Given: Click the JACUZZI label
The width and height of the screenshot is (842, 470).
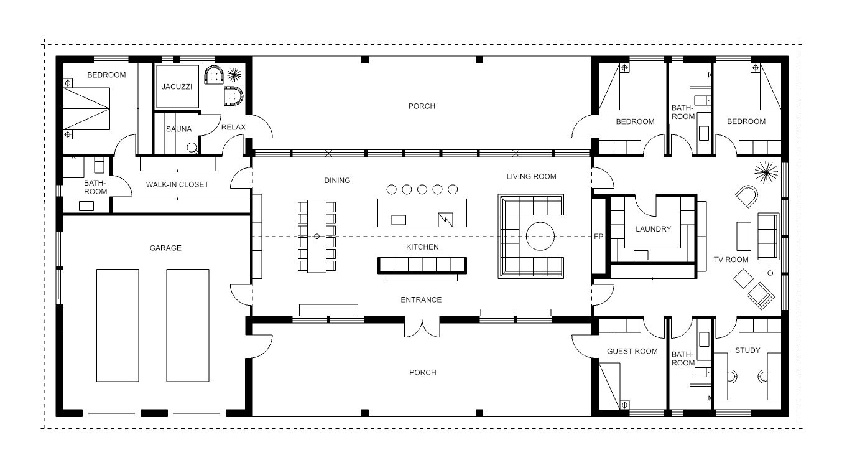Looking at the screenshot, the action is click(x=177, y=87).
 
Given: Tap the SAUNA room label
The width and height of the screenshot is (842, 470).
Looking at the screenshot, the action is click(x=179, y=129).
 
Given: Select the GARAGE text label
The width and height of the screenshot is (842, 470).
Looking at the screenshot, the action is click(x=165, y=248).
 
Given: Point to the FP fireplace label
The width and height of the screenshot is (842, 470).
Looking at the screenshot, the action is click(x=598, y=237).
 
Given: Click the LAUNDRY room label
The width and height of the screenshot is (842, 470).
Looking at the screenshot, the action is click(x=654, y=229).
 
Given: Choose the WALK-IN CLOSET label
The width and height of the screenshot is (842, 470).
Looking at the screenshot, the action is click(x=177, y=184).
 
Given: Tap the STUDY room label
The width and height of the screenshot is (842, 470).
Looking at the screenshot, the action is click(x=747, y=350).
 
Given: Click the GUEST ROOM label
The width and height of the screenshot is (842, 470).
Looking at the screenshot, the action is click(x=632, y=351).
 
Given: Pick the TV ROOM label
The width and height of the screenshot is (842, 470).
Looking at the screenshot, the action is click(x=731, y=260).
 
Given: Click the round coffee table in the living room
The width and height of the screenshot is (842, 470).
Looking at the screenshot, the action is click(x=540, y=237).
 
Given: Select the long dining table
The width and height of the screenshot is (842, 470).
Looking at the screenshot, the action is click(x=317, y=237).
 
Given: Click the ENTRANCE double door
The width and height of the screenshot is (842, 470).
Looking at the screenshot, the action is click(x=422, y=327).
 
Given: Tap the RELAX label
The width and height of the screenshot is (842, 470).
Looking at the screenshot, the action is click(x=233, y=127).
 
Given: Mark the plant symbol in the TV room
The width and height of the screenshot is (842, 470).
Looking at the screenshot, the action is click(x=766, y=172).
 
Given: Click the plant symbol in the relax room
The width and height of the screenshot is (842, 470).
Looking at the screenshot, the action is click(x=234, y=75).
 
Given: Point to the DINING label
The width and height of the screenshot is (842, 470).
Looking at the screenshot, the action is click(x=337, y=181).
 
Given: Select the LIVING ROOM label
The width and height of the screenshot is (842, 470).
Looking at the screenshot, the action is click(x=531, y=177).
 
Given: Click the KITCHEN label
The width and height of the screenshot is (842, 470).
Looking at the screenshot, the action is click(x=422, y=247).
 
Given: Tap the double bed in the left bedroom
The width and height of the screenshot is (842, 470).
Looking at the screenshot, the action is click(x=86, y=109).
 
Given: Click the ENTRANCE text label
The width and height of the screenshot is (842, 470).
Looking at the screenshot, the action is click(x=421, y=300).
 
